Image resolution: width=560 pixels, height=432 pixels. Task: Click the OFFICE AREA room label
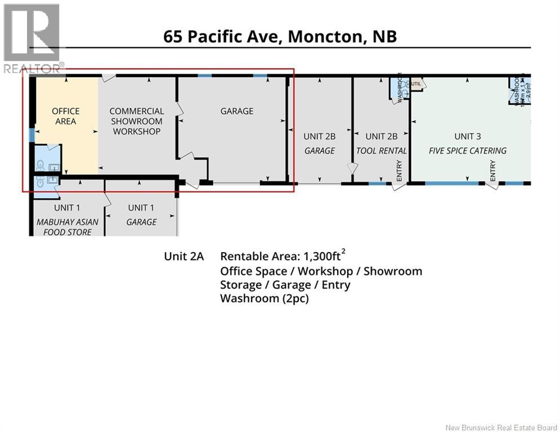[66, 116]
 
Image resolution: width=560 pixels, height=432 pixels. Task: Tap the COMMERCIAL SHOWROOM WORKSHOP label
[137, 121]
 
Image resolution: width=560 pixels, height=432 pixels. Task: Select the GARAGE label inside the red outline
[236, 111]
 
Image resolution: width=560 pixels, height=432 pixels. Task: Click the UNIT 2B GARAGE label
[319, 143]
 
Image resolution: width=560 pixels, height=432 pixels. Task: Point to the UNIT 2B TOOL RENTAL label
[382, 143]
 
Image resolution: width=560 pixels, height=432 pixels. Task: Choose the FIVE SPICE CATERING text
[468, 151]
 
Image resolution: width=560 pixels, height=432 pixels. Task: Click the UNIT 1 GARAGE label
[141, 215]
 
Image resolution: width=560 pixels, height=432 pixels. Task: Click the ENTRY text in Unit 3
[493, 169]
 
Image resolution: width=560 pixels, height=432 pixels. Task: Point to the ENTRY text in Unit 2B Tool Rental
[400, 169]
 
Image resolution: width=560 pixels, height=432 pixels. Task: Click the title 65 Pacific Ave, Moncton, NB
[280, 37]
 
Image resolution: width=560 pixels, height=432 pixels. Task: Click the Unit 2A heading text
[183, 256]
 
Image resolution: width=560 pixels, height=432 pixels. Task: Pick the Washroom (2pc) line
[264, 299]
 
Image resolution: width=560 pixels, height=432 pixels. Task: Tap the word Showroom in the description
[392, 271]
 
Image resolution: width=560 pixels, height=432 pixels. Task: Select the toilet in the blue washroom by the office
[39, 165]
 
